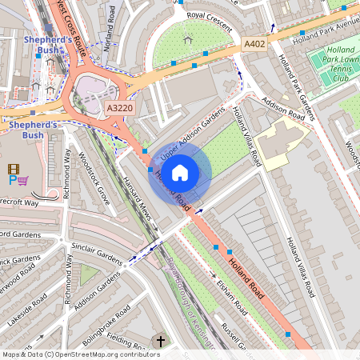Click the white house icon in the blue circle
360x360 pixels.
click(x=180, y=172)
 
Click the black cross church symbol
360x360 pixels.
click(x=160, y=342)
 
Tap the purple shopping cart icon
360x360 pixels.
click(x=23, y=181)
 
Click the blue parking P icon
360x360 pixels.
click(x=12, y=181)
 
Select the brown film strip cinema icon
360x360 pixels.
click(x=13, y=168)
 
